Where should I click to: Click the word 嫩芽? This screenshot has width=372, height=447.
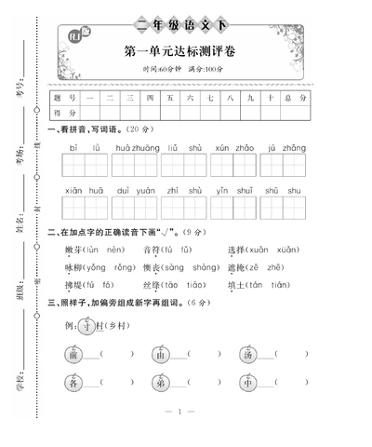[73, 251]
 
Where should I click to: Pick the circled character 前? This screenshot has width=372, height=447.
[73, 354]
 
